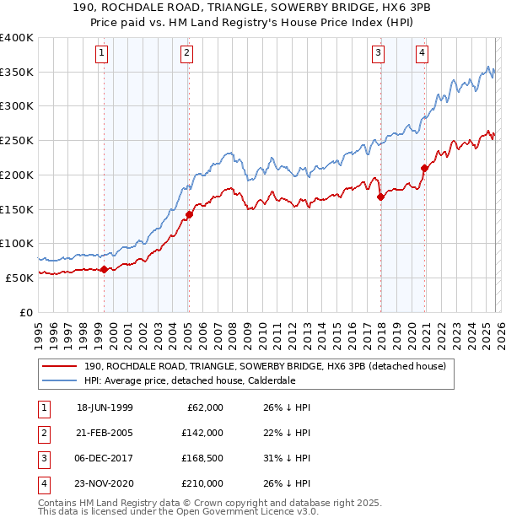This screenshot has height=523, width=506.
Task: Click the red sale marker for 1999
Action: point(104,269)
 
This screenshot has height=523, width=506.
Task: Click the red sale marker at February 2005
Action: point(189,214)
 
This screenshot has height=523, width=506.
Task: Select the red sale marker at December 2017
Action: point(380,197)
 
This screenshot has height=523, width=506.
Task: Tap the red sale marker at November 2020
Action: point(424,168)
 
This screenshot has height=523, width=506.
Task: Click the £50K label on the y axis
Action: point(20,278)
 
